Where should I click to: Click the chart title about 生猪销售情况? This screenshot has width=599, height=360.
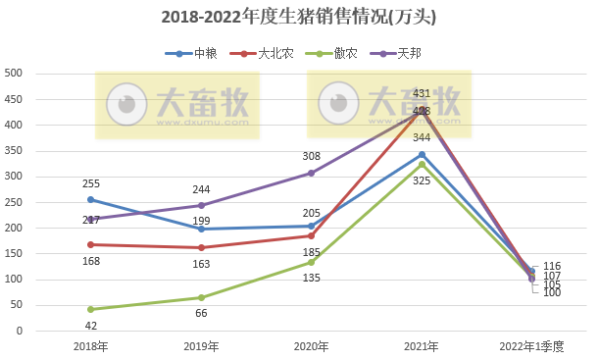[x=299, y=18]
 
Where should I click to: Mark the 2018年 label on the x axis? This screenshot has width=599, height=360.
[x=90, y=346]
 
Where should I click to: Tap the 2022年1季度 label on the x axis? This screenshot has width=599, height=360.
[x=530, y=346]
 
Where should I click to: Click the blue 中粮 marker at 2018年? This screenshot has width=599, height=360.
[x=90, y=199]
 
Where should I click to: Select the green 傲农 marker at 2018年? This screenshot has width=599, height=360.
[x=90, y=309]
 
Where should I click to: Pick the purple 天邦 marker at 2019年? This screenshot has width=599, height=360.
[x=201, y=205]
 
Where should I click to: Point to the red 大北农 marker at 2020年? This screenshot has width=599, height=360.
[x=311, y=235]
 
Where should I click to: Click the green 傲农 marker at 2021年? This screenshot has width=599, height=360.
[x=422, y=164]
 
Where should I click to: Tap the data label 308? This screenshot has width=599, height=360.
[x=311, y=157]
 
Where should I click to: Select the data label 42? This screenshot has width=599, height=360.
[x=90, y=325]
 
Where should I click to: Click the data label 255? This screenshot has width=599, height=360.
[x=90, y=183]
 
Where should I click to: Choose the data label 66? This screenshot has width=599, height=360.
[x=201, y=312]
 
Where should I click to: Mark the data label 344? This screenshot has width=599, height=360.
[x=422, y=138]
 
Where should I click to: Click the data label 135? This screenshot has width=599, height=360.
[x=311, y=278]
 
